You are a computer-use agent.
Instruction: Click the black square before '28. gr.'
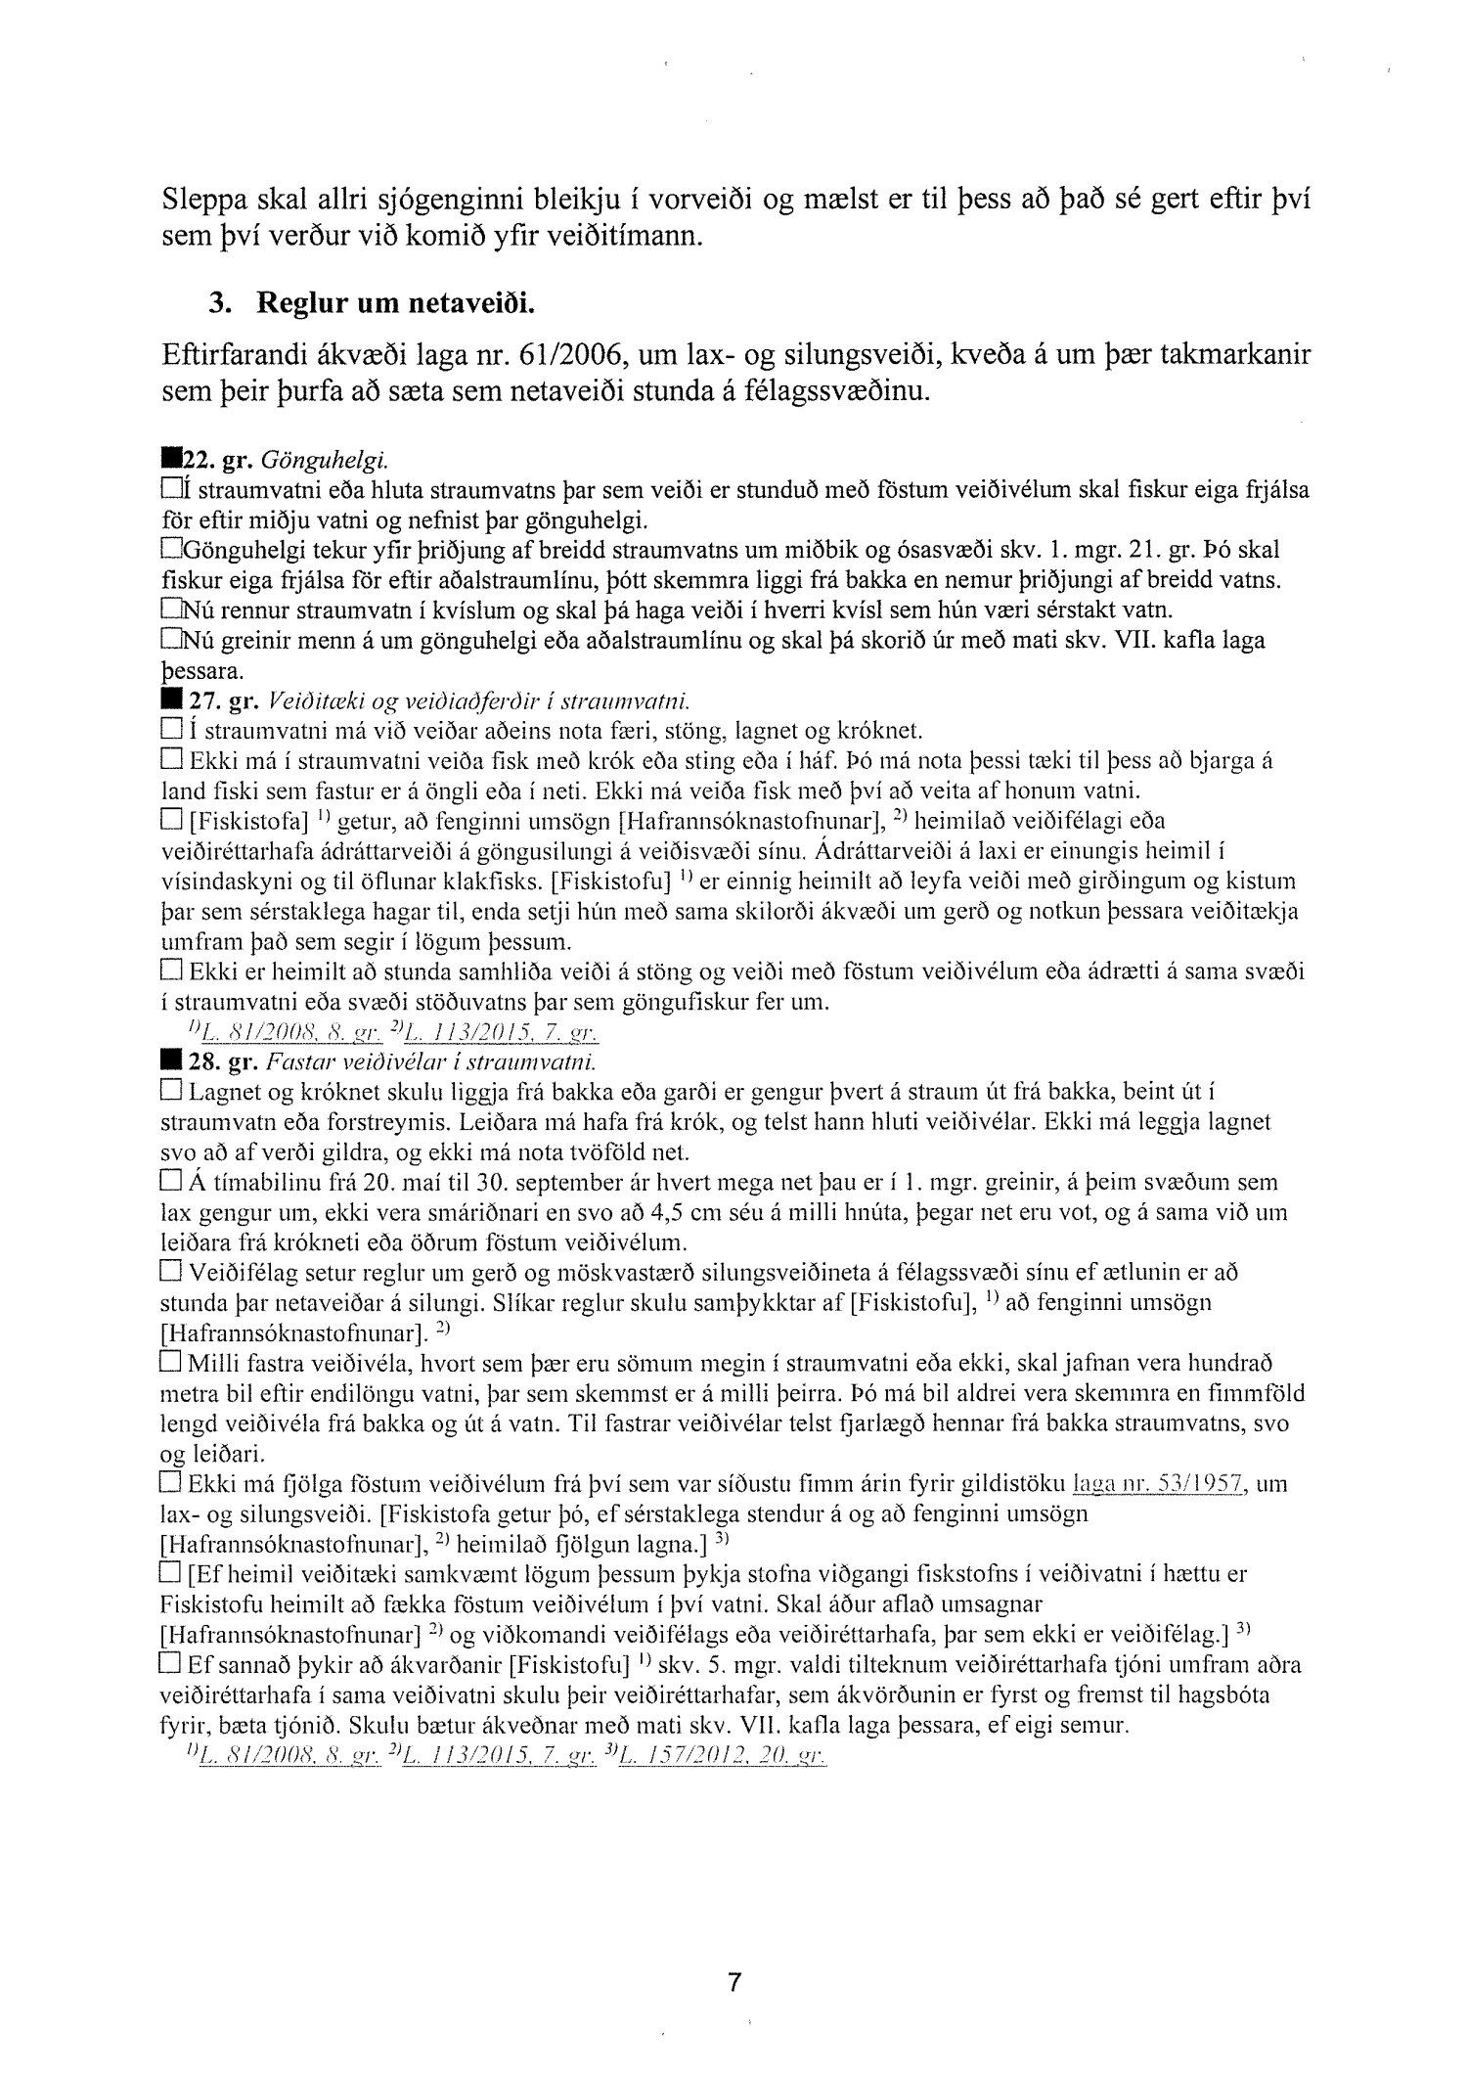pos(171,1062)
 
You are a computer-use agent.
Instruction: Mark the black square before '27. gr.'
pos(171,700)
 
